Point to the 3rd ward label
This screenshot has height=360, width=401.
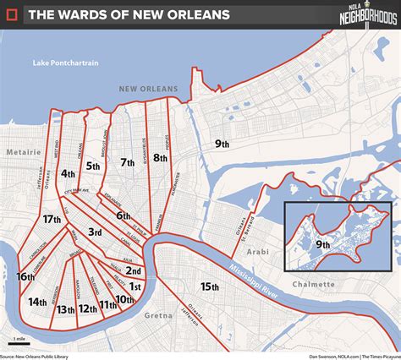pyautogui.click(x=96, y=231)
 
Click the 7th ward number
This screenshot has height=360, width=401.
pyautogui.click(x=128, y=162)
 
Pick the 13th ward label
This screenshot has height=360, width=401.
pyautogui.click(x=66, y=309)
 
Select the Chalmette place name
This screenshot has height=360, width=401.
pyautogui.click(x=313, y=284)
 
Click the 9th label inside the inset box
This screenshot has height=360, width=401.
pyautogui.click(x=323, y=244)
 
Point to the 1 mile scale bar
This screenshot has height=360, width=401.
pyautogui.click(x=18, y=341)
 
